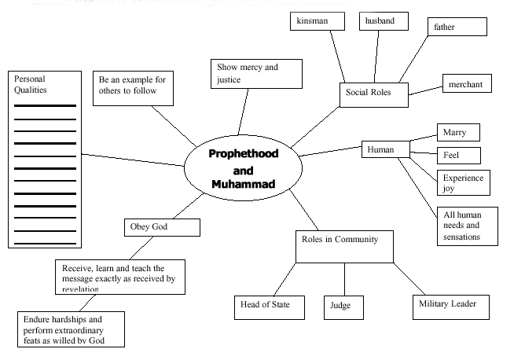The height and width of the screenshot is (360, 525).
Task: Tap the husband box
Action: click(383, 21)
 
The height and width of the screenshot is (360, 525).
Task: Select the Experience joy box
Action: click(462, 182)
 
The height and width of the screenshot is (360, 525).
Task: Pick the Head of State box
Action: click(270, 306)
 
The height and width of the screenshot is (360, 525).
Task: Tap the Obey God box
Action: click(161, 228)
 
